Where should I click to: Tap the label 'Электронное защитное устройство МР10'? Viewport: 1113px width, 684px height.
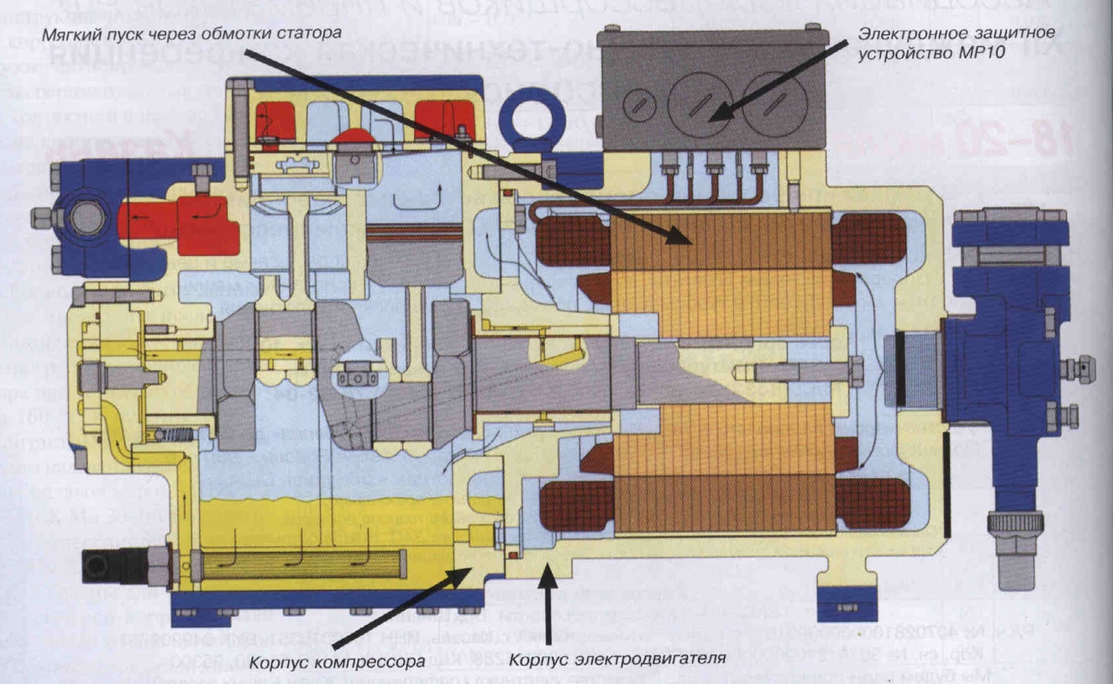pos(956,41)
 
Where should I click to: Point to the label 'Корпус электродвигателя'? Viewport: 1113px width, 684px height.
pos(618,658)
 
